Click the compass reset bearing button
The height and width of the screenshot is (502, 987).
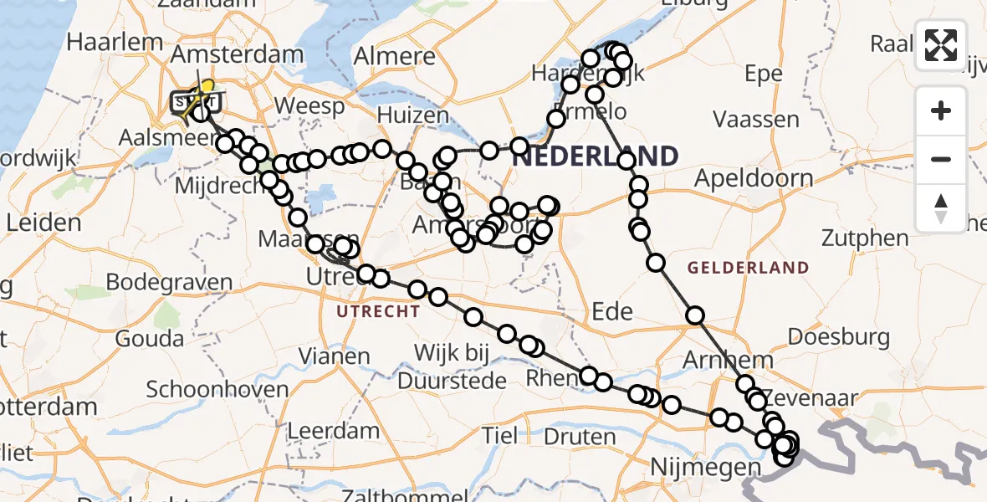pyautogui.click(x=941, y=208)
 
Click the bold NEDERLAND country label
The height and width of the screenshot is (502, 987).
pyautogui.click(x=595, y=156)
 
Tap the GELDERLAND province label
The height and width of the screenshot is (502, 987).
pyautogui.click(x=748, y=269)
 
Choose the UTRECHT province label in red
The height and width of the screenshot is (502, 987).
pyautogui.click(x=378, y=312)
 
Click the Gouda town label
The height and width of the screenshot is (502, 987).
pyautogui.click(x=151, y=339)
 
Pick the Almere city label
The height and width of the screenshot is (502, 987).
pyautogui.click(x=396, y=57)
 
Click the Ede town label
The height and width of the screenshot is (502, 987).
pyautogui.click(x=612, y=311)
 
